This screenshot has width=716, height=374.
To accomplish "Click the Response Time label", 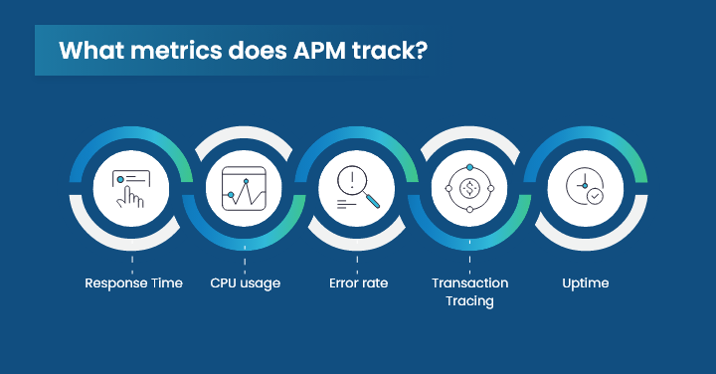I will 133,283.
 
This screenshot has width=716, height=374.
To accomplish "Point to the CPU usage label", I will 246,283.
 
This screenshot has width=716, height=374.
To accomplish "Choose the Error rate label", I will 358,283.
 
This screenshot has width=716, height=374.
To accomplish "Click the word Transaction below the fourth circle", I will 470,283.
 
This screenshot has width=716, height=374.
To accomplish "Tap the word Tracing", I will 470,301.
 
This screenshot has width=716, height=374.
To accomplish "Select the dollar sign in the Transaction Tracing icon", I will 470,187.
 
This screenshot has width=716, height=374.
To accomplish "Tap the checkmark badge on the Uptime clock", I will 595,197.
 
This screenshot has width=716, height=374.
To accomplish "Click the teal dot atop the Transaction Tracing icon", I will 470,164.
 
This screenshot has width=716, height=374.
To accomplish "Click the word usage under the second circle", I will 262,283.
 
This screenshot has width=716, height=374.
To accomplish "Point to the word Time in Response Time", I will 166,283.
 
